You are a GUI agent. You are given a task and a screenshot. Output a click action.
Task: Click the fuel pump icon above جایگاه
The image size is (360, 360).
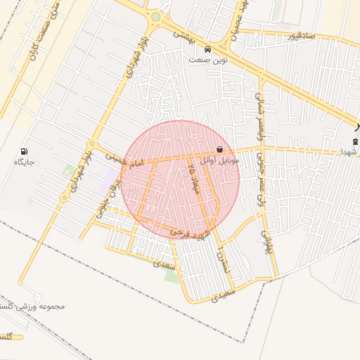(x=25, y=151)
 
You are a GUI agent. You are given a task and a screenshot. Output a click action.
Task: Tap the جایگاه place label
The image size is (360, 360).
(x=25, y=162)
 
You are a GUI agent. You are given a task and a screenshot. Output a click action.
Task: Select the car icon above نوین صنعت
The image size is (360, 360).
(x=207, y=50)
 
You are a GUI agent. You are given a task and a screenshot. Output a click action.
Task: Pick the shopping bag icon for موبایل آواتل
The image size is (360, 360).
(x=221, y=150)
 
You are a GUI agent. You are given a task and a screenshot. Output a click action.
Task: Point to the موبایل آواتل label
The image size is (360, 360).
(x=220, y=161)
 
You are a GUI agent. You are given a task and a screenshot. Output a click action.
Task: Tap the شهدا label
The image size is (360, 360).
(x=349, y=151)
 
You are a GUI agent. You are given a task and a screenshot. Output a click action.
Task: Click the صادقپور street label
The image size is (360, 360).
(x=301, y=34)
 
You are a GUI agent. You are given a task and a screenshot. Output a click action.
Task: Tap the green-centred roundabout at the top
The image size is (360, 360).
(x=155, y=16)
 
